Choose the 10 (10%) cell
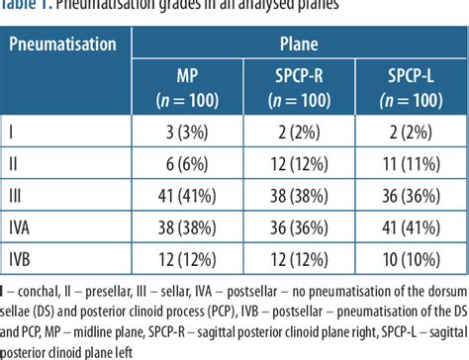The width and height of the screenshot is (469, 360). click(x=411, y=259)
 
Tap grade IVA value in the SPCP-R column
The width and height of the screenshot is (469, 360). click(x=306, y=227)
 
